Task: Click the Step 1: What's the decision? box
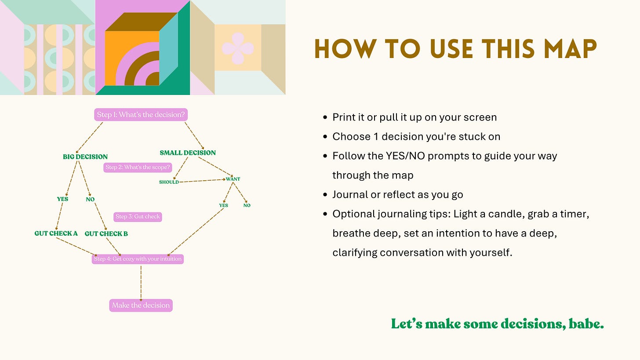(x=141, y=115)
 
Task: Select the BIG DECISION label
(x=85, y=156)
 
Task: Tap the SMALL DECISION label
(x=188, y=153)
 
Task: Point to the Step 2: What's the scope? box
(x=138, y=167)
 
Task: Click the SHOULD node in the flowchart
(x=169, y=182)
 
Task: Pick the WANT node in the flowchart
(x=233, y=179)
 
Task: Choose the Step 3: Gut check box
(x=138, y=217)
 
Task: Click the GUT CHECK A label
(x=56, y=233)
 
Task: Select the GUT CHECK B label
(x=106, y=234)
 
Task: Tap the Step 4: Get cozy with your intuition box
(x=137, y=259)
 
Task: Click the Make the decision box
(x=141, y=305)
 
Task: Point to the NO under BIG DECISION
(x=90, y=199)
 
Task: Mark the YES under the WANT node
(x=223, y=205)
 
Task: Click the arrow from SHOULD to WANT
(x=202, y=181)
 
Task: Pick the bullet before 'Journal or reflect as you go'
(x=325, y=195)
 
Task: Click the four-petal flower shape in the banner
(x=238, y=48)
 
